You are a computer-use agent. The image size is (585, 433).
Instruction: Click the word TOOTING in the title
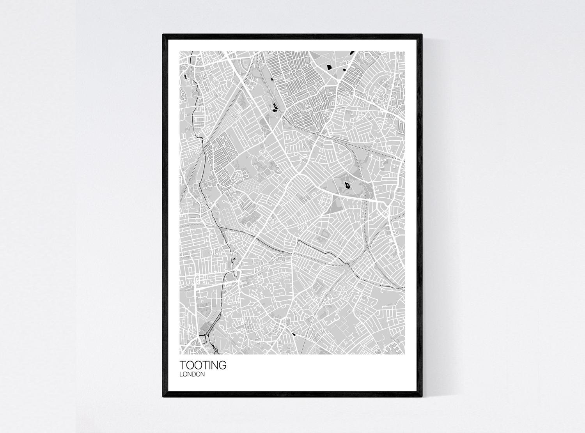click(202, 365)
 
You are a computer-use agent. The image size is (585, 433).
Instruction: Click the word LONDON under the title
click(192, 375)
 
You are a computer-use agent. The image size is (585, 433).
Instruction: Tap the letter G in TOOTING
click(222, 365)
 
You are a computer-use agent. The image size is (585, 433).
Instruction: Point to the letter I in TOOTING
click(209, 365)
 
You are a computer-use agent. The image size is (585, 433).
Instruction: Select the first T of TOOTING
click(183, 365)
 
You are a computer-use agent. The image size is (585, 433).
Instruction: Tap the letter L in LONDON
click(181, 375)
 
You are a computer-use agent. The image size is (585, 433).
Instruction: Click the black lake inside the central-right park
click(346, 187)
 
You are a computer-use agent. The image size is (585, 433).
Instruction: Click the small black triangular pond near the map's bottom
click(294, 334)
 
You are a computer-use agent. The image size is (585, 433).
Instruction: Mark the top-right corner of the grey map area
click(404, 52)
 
